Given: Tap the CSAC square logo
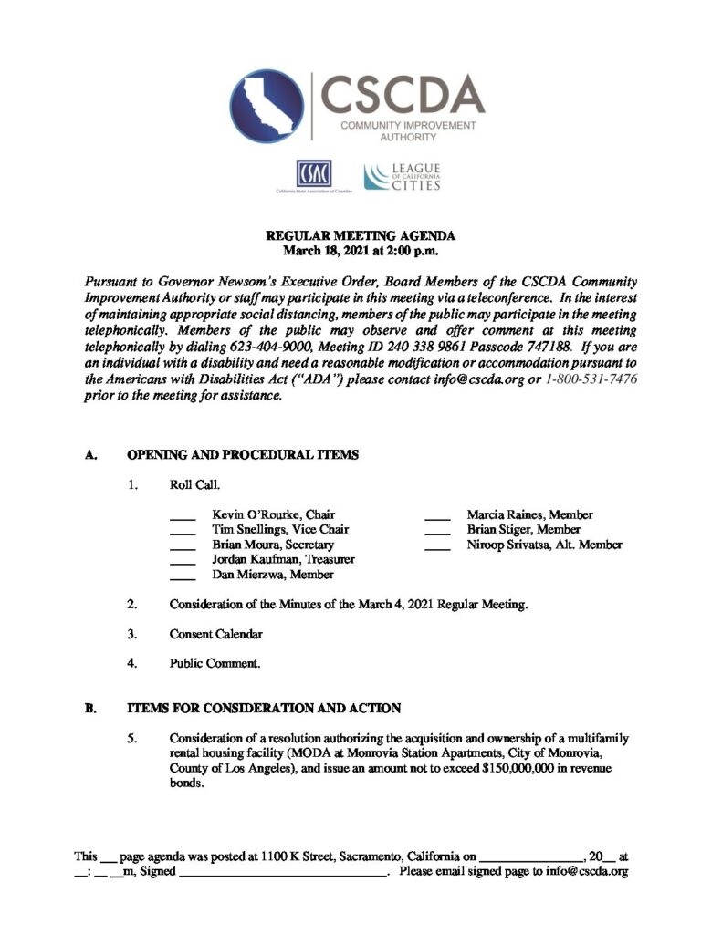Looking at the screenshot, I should [312, 173].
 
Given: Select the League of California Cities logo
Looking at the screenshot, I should [403, 177].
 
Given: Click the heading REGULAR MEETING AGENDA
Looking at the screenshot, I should [361, 234].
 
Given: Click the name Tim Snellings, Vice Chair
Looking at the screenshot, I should [280, 530].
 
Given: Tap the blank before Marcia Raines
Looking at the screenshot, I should [437, 516].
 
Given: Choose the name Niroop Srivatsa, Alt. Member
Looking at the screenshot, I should [544, 545].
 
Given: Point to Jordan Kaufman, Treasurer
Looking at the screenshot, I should [283, 559].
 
